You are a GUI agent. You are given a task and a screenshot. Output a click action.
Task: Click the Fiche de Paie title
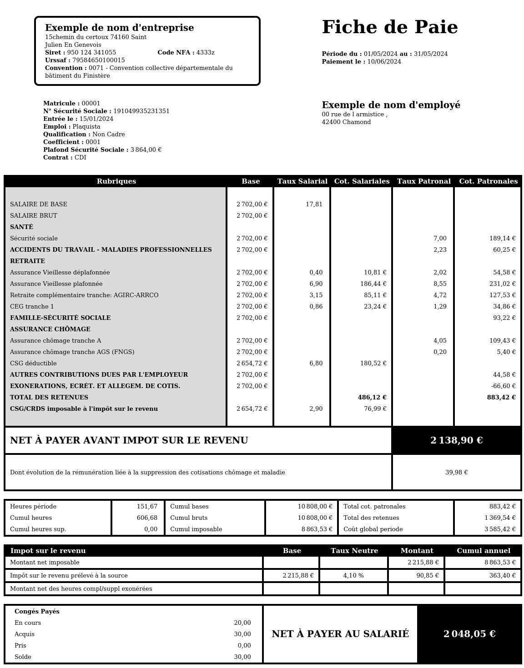pos(390,27)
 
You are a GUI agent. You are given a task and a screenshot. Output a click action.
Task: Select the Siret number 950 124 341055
pos(91,53)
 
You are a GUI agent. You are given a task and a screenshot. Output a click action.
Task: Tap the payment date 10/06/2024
pos(384,62)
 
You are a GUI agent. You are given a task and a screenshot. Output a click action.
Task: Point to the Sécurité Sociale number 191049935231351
pos(141,111)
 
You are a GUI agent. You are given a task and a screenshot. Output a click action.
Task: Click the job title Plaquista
pos(86,127)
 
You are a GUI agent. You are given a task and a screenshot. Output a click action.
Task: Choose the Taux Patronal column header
pos(423,181)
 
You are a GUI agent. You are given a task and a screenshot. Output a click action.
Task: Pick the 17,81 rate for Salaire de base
pos(314,204)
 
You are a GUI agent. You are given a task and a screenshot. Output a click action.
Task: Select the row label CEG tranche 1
pos(32,307)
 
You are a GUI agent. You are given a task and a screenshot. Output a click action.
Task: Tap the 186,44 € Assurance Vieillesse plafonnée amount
pos(375,284)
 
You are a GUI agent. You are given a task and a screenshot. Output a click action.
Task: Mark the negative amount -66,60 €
pos(503,386)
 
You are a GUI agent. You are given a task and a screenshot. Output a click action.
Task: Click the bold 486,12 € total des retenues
pos(372,398)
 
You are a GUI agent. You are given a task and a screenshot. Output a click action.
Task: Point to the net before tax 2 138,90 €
pos(456,440)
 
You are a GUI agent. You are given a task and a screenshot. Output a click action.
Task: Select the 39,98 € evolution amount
pos(456,473)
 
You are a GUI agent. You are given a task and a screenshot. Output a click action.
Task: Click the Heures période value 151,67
pos(147,507)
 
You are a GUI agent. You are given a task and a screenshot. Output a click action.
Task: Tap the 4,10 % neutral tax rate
pos(353,576)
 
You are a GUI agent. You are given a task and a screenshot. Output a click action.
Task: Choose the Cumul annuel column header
pos(483,551)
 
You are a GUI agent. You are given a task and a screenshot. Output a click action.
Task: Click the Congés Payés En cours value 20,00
pos(242,623)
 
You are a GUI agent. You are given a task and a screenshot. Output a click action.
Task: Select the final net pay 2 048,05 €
pos(469,634)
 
